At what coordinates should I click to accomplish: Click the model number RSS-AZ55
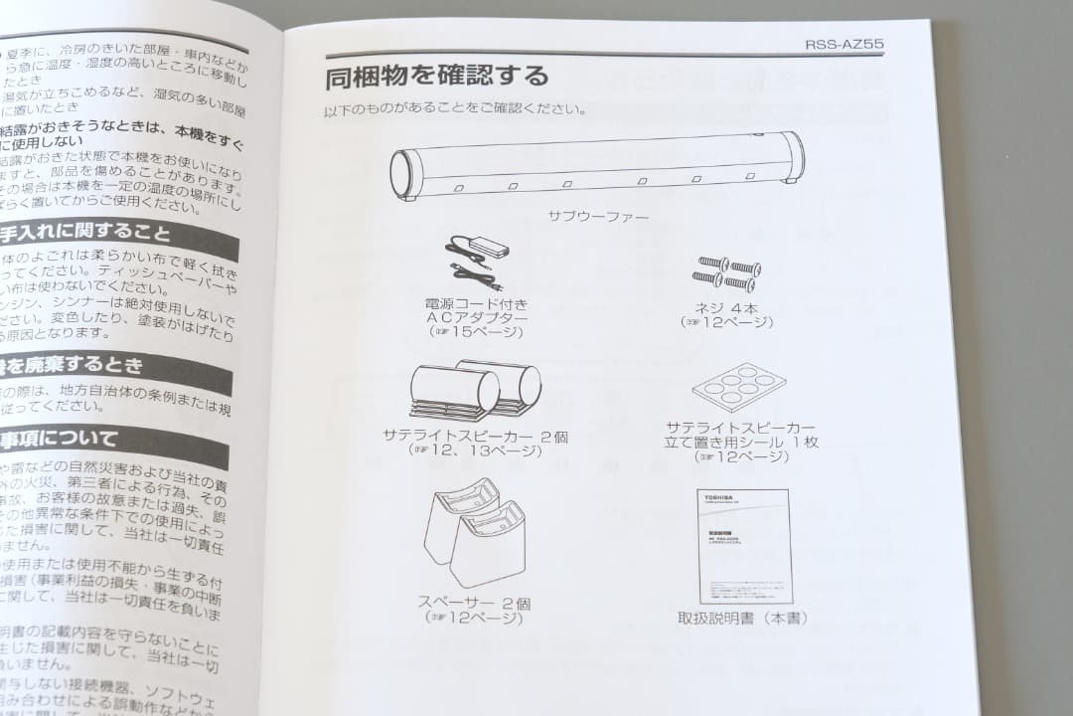pyautogui.click(x=843, y=44)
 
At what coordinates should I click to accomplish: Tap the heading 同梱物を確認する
pyautogui.click(x=436, y=77)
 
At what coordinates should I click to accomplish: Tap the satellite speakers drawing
pyautogui.click(x=475, y=391)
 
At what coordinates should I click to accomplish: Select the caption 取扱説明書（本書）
pyautogui.click(x=742, y=618)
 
